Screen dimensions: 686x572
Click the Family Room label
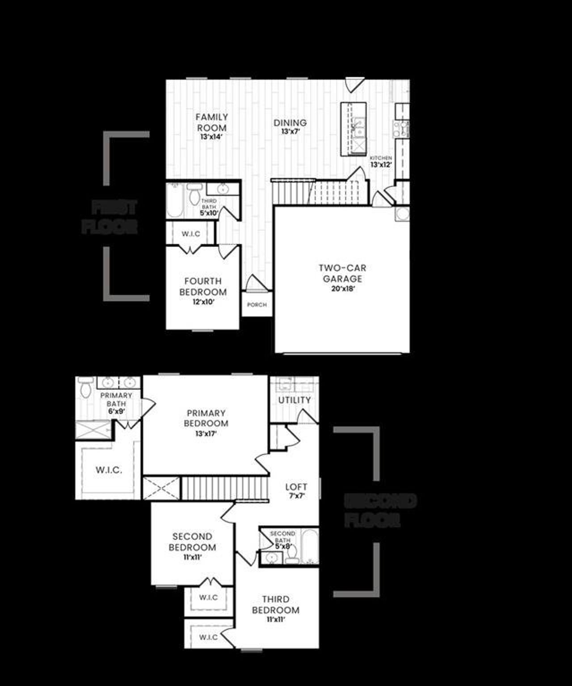pos(212,122)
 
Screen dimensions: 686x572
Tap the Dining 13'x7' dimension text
pos(290,132)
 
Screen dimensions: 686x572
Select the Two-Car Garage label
pos(342,273)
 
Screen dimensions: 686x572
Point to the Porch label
pos(257,305)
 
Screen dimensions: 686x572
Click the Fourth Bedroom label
pos(203,286)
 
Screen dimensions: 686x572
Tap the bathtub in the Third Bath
pos(175,200)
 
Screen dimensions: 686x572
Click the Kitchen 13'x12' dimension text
pos(381,165)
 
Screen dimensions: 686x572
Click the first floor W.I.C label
pos(191,234)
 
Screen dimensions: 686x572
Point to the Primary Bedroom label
pos(206,418)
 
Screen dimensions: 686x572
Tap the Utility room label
pos(294,400)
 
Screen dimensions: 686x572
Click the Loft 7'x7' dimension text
pos(296,496)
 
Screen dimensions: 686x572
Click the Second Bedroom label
pos(192,542)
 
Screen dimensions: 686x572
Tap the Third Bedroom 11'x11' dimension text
pos(276,619)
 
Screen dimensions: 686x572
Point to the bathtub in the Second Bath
pos(309,546)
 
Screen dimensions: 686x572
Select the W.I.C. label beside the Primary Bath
pos(109,470)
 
